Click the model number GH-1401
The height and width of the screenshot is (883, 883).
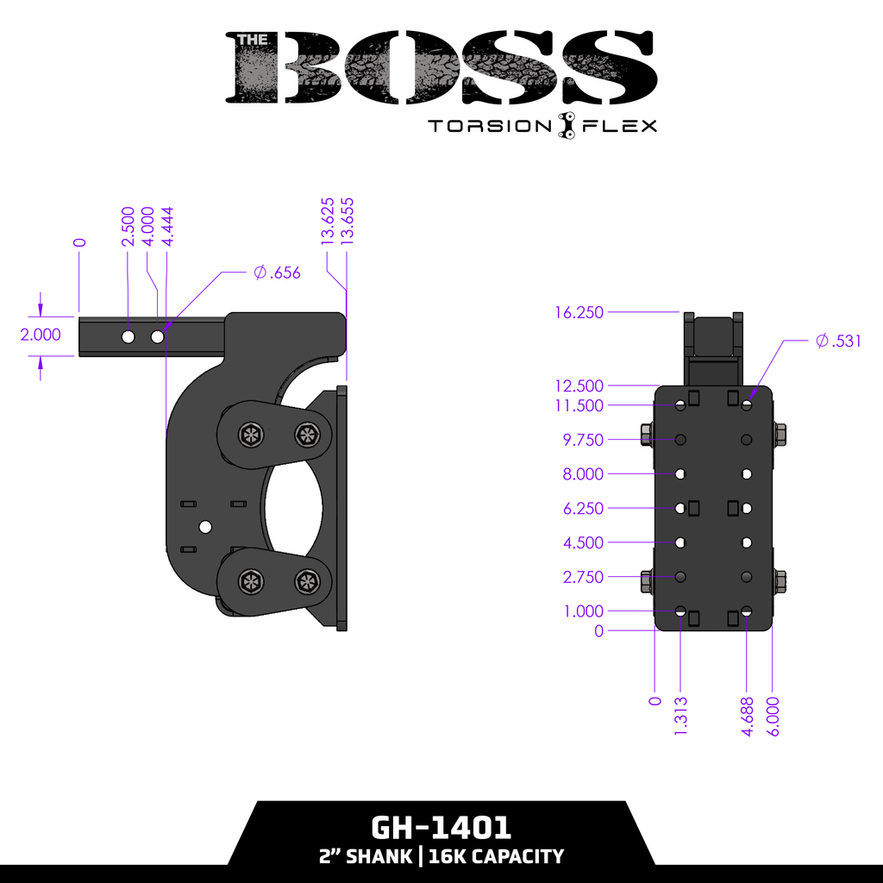click(x=441, y=828)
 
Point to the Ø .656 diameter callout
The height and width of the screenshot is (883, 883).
click(x=278, y=273)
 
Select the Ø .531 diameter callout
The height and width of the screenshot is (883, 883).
click(x=838, y=341)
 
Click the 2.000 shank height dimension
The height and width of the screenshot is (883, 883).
click(x=41, y=335)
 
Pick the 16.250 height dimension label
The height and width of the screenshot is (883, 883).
click(x=579, y=312)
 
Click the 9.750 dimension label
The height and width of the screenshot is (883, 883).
click(x=583, y=440)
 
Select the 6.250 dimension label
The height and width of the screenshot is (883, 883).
click(x=583, y=509)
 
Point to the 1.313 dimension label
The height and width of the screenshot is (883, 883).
click(x=681, y=717)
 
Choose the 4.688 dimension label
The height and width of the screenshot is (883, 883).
click(x=748, y=717)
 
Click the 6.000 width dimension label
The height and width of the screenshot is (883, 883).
click(x=773, y=717)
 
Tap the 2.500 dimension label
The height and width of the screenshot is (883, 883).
click(x=128, y=227)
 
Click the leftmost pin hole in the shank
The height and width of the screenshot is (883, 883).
click(x=128, y=336)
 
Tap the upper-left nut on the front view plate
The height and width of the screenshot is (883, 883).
click(x=646, y=434)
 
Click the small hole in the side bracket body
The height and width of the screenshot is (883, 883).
click(x=205, y=526)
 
